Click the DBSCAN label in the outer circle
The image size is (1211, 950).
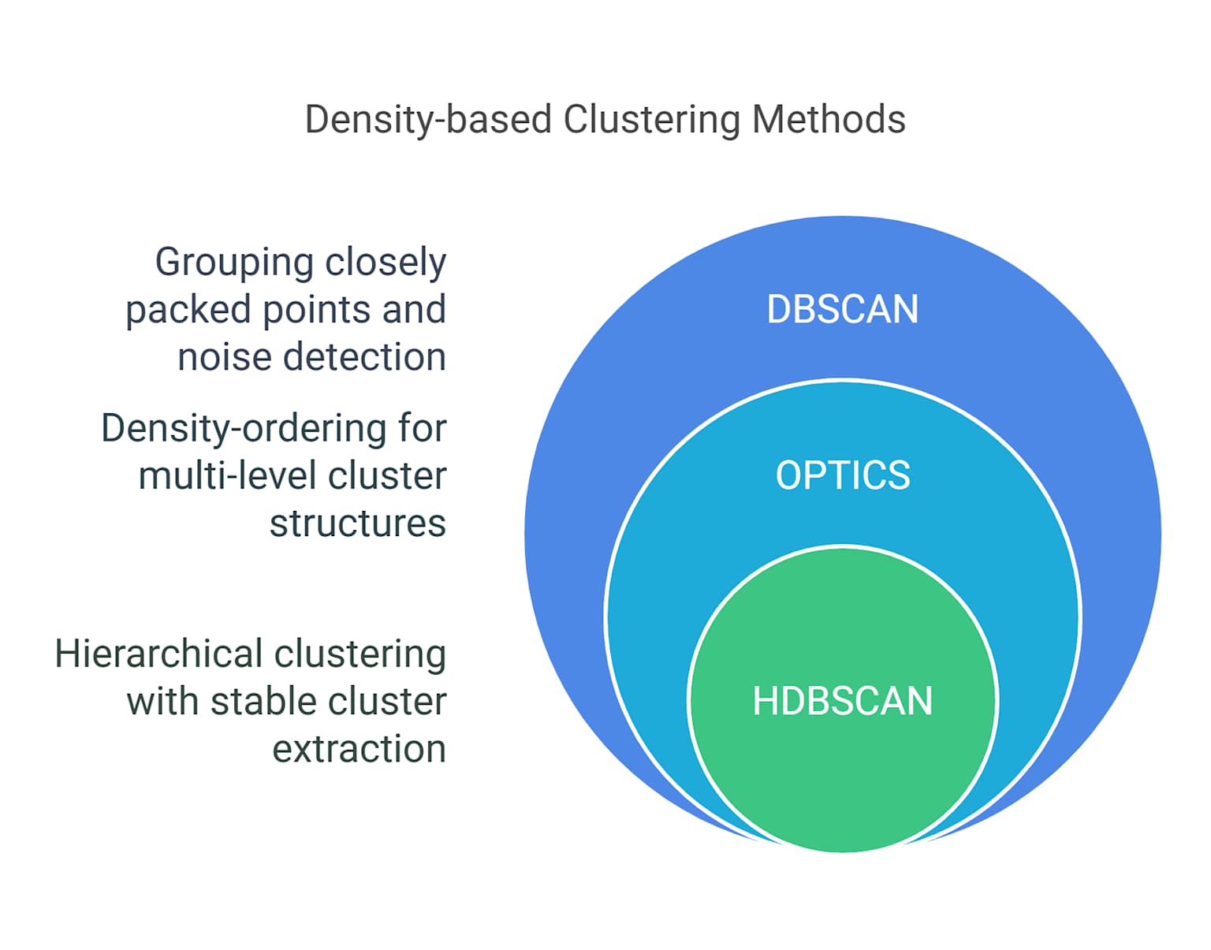pyautogui.click(x=842, y=309)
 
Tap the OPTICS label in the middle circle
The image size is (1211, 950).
pyautogui.click(x=842, y=475)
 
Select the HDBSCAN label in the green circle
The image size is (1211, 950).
pyautogui.click(x=842, y=701)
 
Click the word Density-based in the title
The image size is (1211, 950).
pyautogui.click(x=428, y=120)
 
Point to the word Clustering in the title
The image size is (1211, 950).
pyautogui.click(x=651, y=120)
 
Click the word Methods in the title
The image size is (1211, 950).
pyautogui.click(x=829, y=120)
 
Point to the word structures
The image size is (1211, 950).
pyautogui.click(x=357, y=523)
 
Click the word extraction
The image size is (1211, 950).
pyautogui.click(x=359, y=749)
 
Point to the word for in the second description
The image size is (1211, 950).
pyautogui.click(x=422, y=429)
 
